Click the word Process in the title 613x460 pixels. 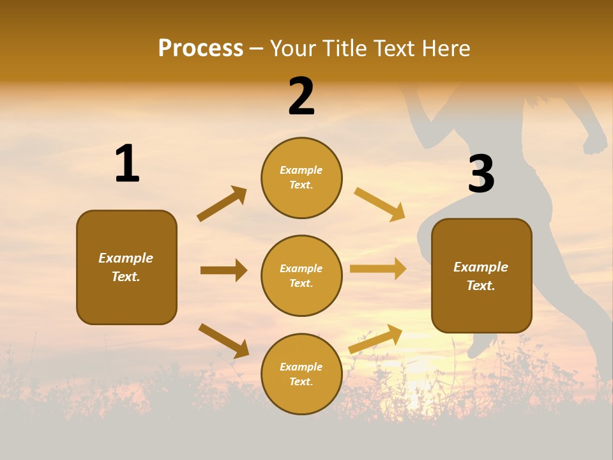click(x=201, y=48)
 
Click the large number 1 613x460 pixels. click(x=127, y=164)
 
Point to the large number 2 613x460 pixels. click(x=301, y=96)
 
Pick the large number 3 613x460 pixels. click(x=481, y=174)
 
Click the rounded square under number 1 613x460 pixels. click(x=126, y=267)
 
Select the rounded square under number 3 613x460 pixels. click(x=481, y=276)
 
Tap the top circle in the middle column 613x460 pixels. click(x=301, y=178)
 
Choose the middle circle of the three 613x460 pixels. click(x=301, y=275)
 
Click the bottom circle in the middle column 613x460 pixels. click(x=301, y=374)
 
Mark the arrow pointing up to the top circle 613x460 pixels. click(x=222, y=204)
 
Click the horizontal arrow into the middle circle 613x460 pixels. click(x=223, y=270)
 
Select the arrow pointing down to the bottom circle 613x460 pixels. click(x=223, y=341)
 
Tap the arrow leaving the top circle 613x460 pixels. click(x=380, y=204)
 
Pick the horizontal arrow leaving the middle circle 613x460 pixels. click(x=378, y=269)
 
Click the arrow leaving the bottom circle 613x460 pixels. click(x=375, y=339)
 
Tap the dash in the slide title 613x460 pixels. click(x=257, y=48)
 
